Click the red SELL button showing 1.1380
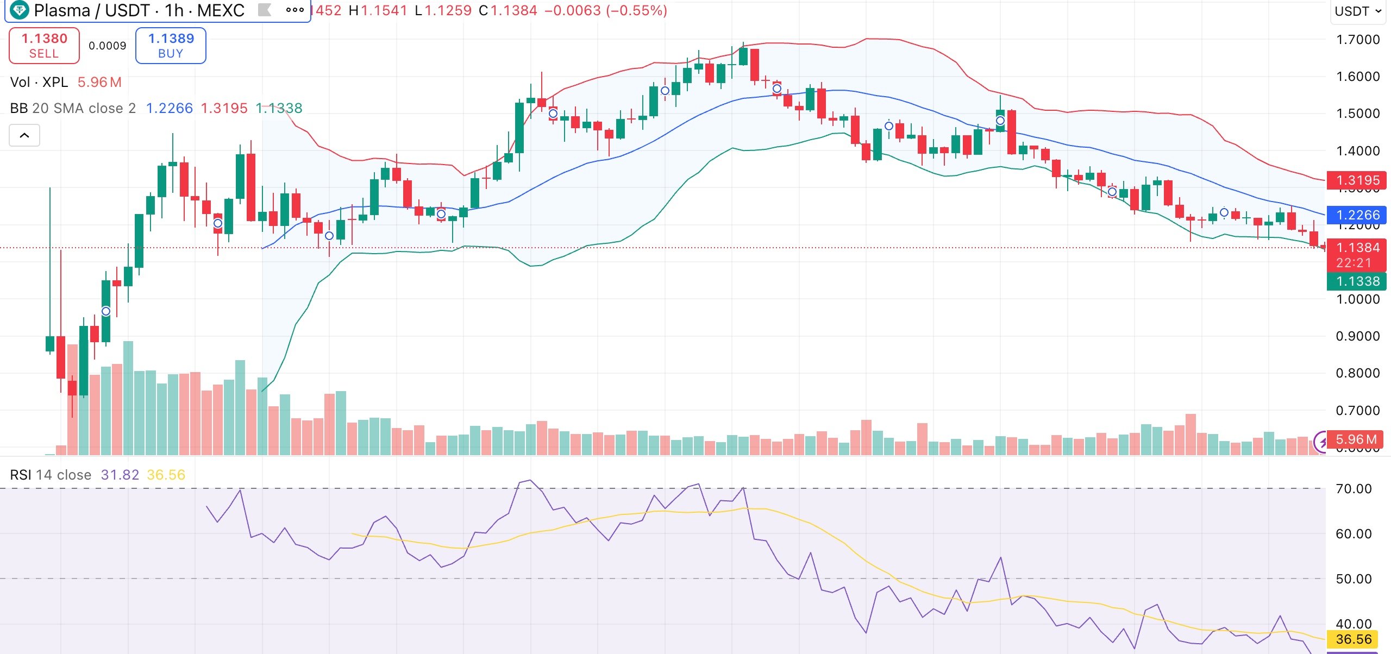44,46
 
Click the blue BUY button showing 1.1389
171,46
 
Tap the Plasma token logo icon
20,10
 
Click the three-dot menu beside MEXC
295,10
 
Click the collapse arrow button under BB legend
24,135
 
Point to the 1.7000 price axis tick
1357,40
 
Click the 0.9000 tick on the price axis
1357,336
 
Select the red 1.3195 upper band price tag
1357,180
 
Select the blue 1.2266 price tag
1357,215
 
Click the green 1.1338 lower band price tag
1357,281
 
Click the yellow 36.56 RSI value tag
1353,639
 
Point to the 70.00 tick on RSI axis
1353,489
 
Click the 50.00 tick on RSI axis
1353,579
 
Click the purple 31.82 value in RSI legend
120,475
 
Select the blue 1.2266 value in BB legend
169,109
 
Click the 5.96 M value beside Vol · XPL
99,83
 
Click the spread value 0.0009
107,46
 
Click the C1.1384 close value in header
507,11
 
